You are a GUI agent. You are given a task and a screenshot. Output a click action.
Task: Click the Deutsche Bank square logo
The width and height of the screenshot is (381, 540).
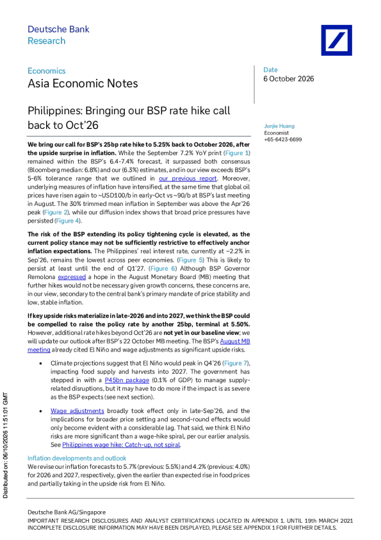coord(336,40)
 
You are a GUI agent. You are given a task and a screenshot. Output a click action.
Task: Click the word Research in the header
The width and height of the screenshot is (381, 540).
coord(46,40)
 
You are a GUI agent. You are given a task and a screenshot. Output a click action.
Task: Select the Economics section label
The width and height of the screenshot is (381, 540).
coord(46,71)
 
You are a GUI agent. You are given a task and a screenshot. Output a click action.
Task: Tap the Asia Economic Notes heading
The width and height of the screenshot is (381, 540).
coord(83,83)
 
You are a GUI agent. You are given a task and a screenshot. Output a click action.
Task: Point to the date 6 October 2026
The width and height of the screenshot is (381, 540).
coord(289,79)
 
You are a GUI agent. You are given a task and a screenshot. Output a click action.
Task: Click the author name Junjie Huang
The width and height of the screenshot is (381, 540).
coord(279,126)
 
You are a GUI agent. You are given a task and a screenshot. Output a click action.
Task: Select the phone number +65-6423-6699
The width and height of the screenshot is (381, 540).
coord(283,139)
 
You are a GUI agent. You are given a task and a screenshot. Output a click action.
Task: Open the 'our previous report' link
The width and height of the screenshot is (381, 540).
coord(188,178)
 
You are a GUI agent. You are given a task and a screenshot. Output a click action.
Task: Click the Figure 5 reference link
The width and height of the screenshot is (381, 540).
coord(191,260)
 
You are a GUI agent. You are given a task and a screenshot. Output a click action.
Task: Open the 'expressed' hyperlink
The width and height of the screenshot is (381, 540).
coord(72,277)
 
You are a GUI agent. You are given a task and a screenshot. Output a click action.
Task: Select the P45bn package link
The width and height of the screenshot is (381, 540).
coord(127,380)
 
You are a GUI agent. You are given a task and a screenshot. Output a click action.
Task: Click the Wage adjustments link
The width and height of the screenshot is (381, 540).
coord(77,411)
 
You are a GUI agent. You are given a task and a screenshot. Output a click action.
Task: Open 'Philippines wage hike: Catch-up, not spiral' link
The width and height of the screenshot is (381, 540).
coord(121,445)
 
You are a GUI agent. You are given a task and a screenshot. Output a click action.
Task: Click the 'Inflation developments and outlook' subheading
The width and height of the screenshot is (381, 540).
coord(77,459)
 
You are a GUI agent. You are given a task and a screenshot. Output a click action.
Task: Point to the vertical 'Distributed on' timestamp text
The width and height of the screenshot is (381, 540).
coord(5,445)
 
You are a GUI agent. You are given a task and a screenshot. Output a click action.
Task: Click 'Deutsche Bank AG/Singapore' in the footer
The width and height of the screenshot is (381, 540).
coord(67,512)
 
